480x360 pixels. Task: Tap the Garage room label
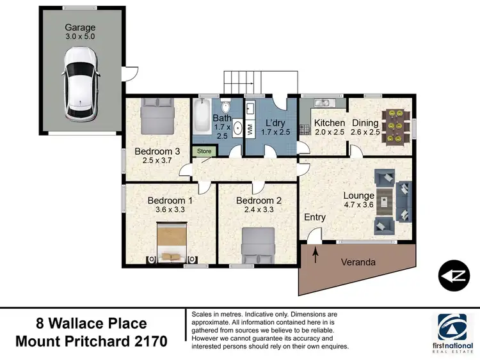click(x=79, y=27)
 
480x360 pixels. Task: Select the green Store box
click(x=204, y=151)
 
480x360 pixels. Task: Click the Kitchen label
click(x=330, y=123)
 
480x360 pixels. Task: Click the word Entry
click(x=315, y=217)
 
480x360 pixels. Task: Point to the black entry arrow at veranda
click(x=316, y=253)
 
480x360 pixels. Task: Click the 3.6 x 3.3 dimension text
click(x=170, y=209)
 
